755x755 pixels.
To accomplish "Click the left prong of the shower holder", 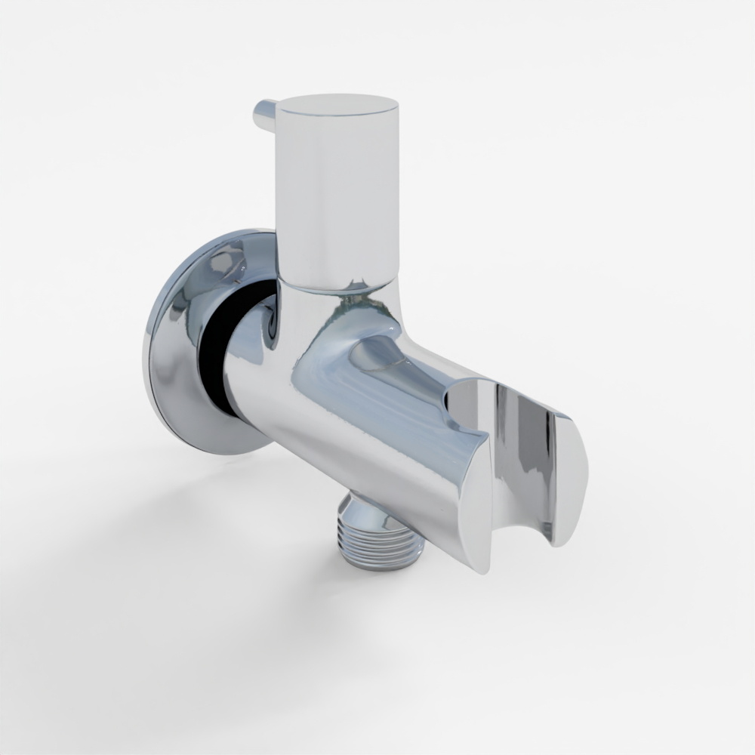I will click(x=472, y=498).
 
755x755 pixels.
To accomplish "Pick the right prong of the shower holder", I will click(x=570, y=468).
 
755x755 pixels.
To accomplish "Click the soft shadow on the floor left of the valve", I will click(x=151, y=528).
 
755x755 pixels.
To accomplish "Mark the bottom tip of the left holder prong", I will click(x=483, y=566).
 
